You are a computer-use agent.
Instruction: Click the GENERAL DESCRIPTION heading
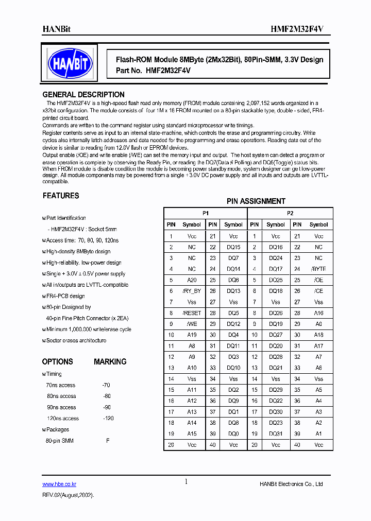(x=83, y=95)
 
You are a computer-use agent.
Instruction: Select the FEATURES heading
(x=60, y=196)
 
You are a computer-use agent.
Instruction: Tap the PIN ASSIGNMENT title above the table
(x=256, y=201)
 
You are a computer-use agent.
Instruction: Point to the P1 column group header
(x=205, y=213)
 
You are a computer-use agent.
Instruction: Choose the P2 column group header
(x=290, y=213)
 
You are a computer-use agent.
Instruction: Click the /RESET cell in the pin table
(x=192, y=313)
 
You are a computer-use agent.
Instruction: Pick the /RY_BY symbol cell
(x=192, y=291)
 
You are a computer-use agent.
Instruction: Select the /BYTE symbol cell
(x=318, y=269)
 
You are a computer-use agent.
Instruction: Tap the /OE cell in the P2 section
(x=318, y=280)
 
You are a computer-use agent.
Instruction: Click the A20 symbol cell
(x=192, y=280)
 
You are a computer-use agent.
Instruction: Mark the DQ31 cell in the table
(x=276, y=433)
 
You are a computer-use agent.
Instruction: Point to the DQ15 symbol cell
(x=233, y=247)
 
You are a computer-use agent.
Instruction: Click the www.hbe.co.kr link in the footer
(x=59, y=484)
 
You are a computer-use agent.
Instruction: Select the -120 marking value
(x=108, y=419)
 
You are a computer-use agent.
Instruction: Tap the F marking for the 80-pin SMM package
(x=108, y=441)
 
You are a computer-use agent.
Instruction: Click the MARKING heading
(x=110, y=362)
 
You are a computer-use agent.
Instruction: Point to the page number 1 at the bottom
(x=186, y=481)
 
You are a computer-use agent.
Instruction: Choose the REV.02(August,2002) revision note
(x=68, y=494)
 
